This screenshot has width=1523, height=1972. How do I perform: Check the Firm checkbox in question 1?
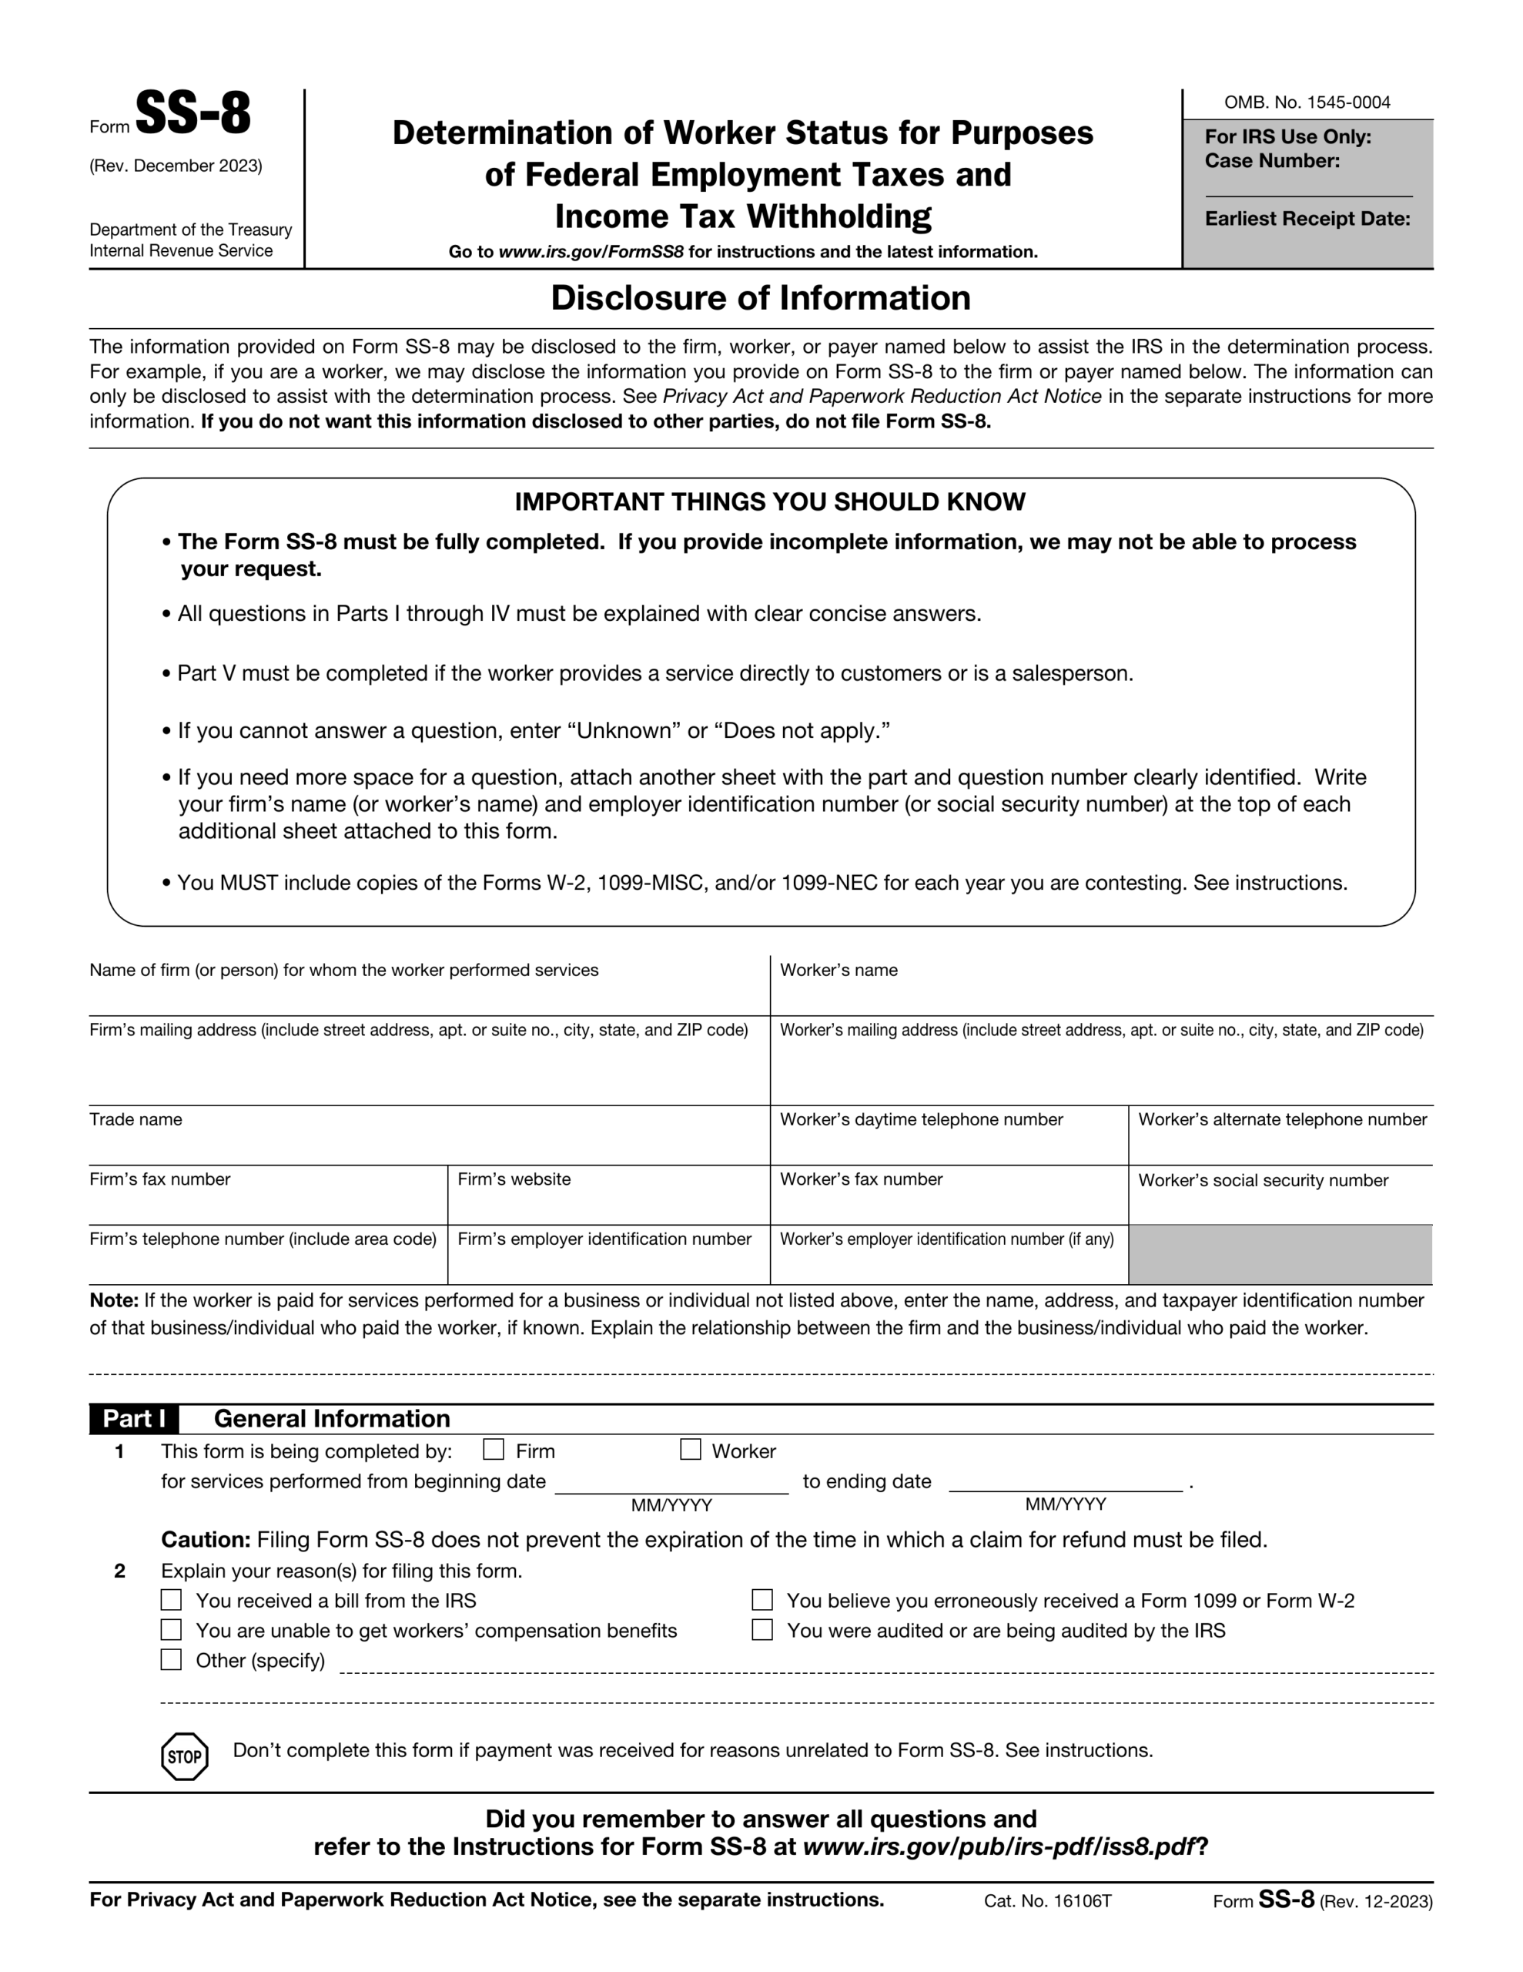(493, 1449)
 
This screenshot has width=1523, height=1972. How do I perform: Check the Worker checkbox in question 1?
(690, 1449)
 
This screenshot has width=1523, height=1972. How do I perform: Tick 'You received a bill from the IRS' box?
(171, 1600)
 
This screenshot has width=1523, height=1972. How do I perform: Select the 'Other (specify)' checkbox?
(171, 1659)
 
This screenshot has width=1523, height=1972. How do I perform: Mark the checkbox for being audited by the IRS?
(762, 1630)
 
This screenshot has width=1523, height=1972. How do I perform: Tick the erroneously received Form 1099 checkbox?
(762, 1600)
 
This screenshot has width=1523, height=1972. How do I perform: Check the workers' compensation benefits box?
(171, 1630)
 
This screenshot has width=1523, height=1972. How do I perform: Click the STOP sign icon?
(184, 1757)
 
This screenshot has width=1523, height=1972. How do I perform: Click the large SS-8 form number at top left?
(192, 115)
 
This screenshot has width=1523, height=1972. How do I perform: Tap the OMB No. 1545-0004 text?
(1307, 102)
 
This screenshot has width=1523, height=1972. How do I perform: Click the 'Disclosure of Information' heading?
(760, 298)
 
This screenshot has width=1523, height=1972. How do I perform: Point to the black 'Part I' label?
(134, 1418)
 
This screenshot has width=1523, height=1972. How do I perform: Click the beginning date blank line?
(671, 1484)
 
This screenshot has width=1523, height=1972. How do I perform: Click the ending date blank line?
(1066, 1484)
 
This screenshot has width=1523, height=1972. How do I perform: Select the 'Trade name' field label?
(136, 1119)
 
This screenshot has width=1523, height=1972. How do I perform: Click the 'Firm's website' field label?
(514, 1179)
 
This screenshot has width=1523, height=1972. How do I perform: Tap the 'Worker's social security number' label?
(1262, 1180)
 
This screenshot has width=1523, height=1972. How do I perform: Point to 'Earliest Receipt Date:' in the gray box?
(1307, 219)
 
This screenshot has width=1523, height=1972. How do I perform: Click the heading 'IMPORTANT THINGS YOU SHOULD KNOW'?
(769, 502)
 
